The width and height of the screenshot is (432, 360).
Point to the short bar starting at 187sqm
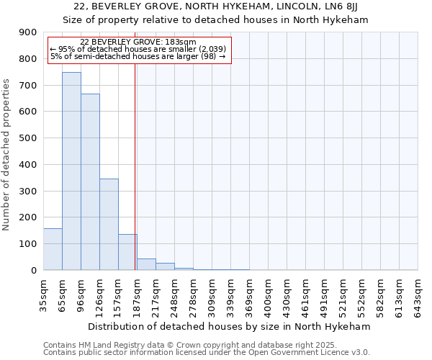click(146, 264)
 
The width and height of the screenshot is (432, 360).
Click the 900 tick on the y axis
click(28, 32)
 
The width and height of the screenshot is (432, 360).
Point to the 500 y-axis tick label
click(28, 138)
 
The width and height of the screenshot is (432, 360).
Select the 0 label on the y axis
click(34, 271)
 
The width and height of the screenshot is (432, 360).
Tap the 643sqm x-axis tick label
click(418, 296)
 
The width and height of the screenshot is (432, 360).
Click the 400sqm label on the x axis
click(268, 296)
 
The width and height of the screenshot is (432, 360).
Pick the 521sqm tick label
click(343, 296)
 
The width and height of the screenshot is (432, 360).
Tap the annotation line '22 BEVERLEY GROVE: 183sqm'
click(138, 42)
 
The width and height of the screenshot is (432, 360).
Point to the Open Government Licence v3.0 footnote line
click(206, 353)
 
